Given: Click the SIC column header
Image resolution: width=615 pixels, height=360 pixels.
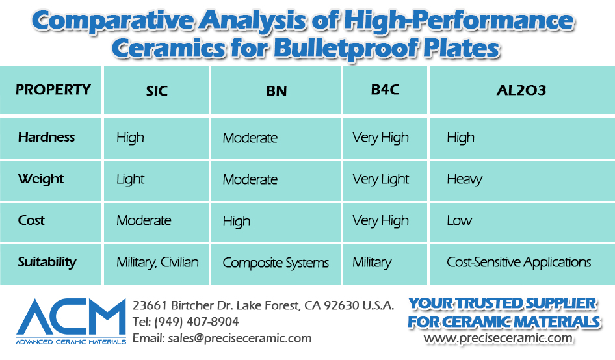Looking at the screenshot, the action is [x=157, y=91].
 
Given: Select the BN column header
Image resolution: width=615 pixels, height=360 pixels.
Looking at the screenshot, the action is [x=276, y=91].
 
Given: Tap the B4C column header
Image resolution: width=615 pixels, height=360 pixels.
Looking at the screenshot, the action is [x=385, y=90].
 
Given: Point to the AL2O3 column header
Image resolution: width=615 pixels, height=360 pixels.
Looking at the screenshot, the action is [x=521, y=90].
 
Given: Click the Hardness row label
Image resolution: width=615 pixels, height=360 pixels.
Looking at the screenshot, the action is [x=46, y=137].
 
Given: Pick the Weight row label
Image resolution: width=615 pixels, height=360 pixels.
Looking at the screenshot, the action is [x=41, y=179].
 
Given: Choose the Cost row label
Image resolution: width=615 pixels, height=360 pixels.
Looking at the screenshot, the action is [x=31, y=220].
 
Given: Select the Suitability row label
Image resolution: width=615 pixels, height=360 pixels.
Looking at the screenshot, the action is [x=47, y=262].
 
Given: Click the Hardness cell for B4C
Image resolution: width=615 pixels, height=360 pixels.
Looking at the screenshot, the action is [x=380, y=138].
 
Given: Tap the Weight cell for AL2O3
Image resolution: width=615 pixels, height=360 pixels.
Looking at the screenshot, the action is [x=464, y=179].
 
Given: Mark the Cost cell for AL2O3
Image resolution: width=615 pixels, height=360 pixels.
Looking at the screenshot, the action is [x=459, y=220].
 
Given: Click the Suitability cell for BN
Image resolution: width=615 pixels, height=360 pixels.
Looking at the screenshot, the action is [x=276, y=263].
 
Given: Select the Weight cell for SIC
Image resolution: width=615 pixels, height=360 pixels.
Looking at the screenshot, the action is [x=130, y=179].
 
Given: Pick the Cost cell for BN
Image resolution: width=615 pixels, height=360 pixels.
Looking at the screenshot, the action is [x=237, y=221].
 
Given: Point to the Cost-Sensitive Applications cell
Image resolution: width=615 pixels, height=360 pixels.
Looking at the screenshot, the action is [x=519, y=262].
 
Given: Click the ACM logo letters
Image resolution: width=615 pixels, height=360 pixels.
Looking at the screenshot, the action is [x=71, y=317].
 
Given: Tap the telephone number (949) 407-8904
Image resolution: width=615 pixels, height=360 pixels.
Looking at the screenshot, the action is [x=196, y=322].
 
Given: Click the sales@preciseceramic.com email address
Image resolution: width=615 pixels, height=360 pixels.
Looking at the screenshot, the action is [x=240, y=338].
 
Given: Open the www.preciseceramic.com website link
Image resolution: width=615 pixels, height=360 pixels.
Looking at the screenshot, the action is [x=498, y=338].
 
